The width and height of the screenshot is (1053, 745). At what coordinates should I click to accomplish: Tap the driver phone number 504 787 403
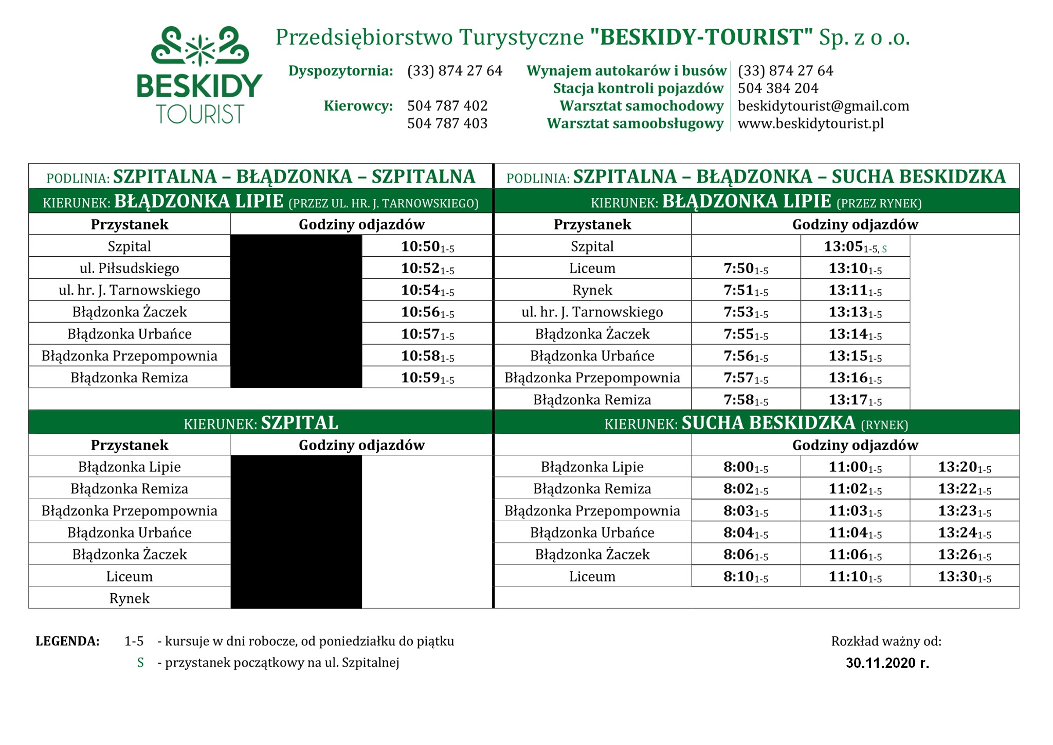tap(447, 123)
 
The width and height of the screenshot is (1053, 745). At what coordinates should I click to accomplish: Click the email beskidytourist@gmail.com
tap(823, 106)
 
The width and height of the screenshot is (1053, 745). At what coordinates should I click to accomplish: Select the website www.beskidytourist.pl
tap(810, 123)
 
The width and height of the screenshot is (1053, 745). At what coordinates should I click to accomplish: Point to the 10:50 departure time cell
tap(427, 246)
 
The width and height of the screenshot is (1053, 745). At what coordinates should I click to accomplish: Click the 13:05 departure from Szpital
tap(855, 246)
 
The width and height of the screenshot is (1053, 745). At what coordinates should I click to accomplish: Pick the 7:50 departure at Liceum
tap(746, 269)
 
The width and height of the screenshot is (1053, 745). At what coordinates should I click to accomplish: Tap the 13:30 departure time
tap(964, 576)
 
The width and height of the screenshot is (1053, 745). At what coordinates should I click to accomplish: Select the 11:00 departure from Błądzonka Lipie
tap(855, 467)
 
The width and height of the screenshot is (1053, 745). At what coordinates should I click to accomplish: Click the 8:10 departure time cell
tap(746, 576)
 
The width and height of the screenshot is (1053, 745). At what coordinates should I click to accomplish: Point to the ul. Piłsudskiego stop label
tap(130, 268)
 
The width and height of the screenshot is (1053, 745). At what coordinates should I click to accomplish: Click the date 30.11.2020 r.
tap(887, 663)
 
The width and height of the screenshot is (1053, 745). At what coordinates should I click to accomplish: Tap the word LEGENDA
tap(67, 641)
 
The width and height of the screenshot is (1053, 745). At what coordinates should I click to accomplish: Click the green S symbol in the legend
tap(140, 663)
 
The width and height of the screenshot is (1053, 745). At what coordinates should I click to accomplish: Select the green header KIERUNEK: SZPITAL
tap(261, 423)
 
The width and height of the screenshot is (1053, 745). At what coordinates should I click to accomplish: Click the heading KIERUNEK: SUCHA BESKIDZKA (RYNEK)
tap(756, 423)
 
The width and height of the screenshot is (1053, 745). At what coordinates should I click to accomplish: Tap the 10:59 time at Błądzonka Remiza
tap(427, 378)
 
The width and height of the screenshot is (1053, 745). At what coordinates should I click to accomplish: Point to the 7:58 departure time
tap(746, 400)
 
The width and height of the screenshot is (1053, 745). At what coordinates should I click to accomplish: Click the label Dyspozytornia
tap(340, 70)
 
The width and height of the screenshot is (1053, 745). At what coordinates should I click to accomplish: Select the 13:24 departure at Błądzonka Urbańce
tap(964, 533)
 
